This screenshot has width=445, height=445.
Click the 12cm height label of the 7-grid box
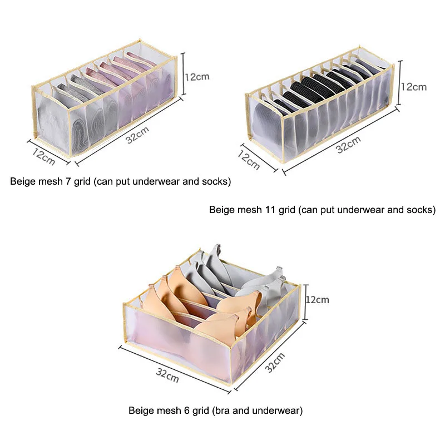tap(197, 77)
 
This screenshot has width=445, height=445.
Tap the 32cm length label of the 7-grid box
tap(137, 135)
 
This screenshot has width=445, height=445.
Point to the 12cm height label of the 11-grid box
tap(414, 87)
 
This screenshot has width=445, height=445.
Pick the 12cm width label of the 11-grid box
tap(249, 157)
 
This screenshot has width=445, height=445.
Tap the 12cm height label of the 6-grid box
tap(318, 299)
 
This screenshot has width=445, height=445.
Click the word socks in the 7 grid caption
tap(215, 181)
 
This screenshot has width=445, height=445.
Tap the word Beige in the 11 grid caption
tap(221, 210)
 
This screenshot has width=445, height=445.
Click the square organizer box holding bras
tap(211, 311)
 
